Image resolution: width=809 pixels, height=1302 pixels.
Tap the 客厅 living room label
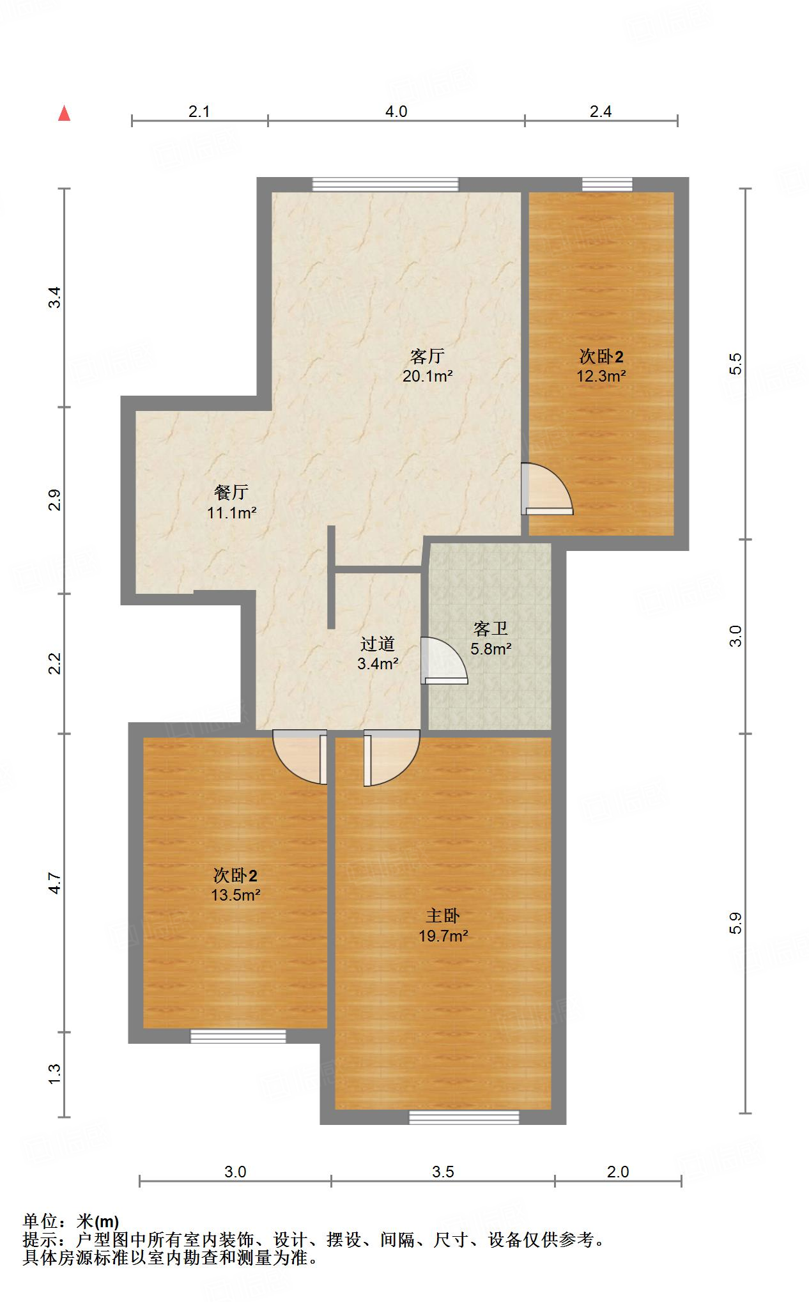[x=427, y=355]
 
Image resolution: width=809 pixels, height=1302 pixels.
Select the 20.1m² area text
[x=427, y=376]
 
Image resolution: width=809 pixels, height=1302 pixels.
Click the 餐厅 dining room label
[x=231, y=492]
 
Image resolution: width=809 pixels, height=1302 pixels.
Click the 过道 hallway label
[x=377, y=643]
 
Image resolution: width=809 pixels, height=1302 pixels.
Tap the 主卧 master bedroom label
[x=443, y=916]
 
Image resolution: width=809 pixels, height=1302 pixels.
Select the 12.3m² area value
[x=601, y=376]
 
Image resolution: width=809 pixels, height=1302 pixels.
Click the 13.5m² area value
[x=235, y=895]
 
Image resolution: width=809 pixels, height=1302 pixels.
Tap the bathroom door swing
[x=443, y=662]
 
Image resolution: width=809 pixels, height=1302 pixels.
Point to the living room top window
[x=385, y=184]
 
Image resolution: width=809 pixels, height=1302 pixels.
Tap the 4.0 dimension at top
[x=396, y=112]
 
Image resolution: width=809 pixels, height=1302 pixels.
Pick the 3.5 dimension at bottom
[x=442, y=1172]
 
